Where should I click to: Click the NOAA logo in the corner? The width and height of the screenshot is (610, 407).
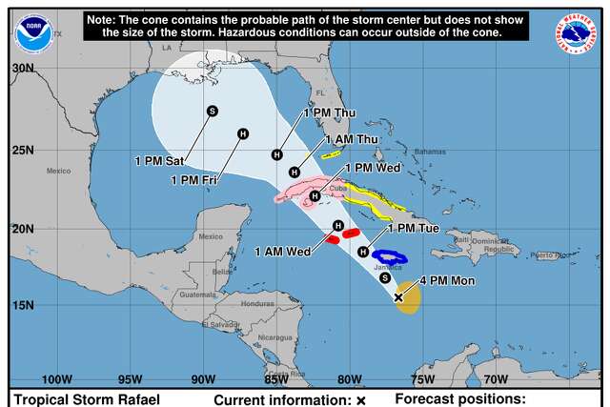34,32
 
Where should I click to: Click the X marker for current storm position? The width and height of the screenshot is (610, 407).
398,297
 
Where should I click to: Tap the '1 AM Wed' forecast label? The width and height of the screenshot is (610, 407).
283,252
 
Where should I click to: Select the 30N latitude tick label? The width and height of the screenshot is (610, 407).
23,69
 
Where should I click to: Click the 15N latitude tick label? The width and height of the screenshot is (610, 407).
23,305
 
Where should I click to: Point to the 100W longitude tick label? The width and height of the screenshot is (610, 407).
57,378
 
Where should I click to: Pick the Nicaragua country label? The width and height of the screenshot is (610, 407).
274,336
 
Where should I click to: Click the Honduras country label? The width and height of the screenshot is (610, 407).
257,303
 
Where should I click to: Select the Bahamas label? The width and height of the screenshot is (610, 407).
430,152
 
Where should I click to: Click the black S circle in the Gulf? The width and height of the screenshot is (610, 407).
213,112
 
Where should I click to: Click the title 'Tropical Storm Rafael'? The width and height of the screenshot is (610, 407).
86,399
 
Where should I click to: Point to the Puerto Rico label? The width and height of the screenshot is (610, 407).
549,255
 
